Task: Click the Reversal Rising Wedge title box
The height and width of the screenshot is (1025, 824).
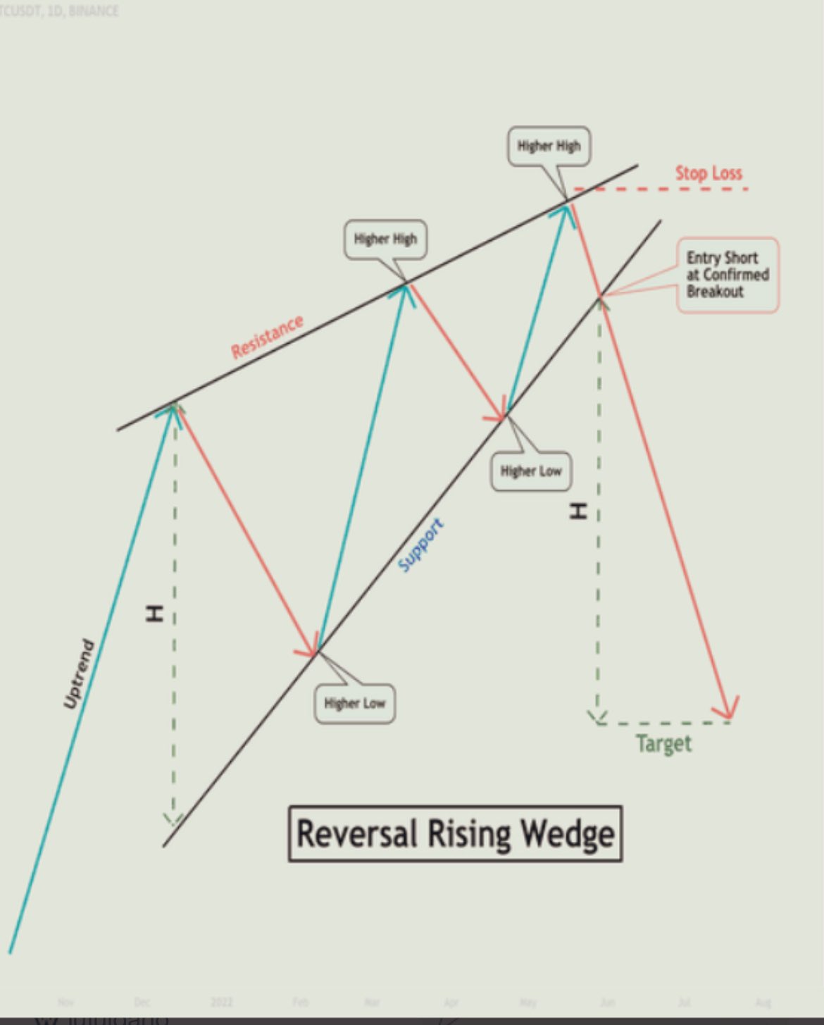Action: tap(455, 833)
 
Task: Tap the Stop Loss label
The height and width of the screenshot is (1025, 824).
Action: tap(708, 173)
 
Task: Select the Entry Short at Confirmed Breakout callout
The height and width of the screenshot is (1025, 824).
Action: tap(728, 275)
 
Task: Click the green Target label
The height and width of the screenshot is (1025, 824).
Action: tap(663, 744)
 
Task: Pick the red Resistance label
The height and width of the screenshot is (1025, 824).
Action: tap(268, 337)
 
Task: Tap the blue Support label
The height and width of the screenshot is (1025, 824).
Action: tap(420, 545)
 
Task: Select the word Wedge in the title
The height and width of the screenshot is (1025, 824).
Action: tap(567, 834)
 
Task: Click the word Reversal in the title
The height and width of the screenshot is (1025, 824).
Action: tap(358, 833)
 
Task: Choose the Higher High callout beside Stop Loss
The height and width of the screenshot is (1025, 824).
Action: tap(549, 147)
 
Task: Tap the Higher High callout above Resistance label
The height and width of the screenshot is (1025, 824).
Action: tap(385, 239)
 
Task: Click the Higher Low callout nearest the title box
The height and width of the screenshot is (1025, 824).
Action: tap(355, 703)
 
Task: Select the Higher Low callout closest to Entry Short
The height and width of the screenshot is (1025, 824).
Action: tap(531, 471)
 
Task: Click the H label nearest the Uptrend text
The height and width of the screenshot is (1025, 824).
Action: tap(154, 614)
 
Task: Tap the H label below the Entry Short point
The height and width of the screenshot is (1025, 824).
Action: tap(578, 511)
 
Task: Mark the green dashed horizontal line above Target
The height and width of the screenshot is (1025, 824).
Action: tap(662, 723)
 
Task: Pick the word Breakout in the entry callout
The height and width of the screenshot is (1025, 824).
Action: tap(715, 292)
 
